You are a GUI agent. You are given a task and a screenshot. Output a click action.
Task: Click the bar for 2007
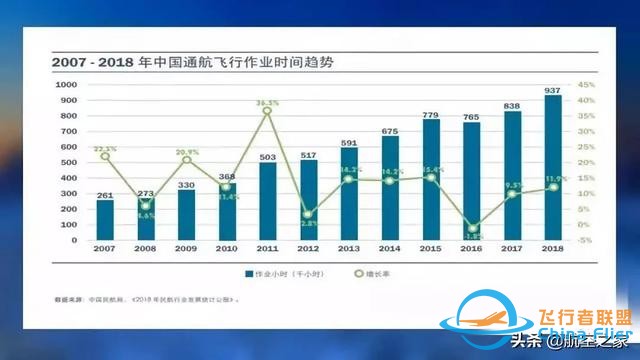(x=105, y=220)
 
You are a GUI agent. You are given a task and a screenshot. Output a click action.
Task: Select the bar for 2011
(x=267, y=201)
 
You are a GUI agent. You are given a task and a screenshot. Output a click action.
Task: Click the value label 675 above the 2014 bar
(x=390, y=131)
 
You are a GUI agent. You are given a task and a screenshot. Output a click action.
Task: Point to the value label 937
(x=552, y=89)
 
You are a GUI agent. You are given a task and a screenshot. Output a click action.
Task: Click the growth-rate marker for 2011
(x=267, y=110)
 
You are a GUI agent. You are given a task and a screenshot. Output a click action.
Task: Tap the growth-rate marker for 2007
(x=105, y=156)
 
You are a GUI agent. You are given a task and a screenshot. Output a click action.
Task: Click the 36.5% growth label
(x=266, y=102)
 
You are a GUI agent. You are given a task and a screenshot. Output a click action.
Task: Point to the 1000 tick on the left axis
(x=67, y=85)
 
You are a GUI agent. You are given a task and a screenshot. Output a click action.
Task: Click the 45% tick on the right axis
(x=586, y=85)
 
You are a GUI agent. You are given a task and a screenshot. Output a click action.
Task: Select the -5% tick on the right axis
(x=586, y=240)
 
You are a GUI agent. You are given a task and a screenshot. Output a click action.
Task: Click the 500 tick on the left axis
(x=69, y=163)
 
